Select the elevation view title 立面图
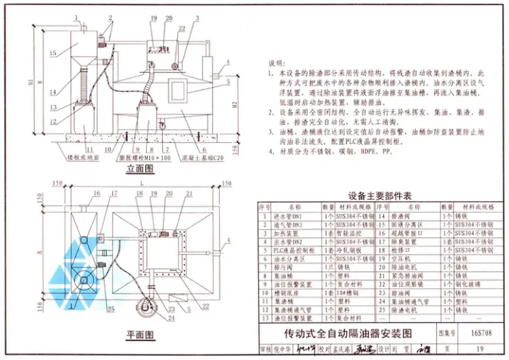(141, 169)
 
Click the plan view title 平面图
(141, 334)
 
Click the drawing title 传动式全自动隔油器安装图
(348, 333)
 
